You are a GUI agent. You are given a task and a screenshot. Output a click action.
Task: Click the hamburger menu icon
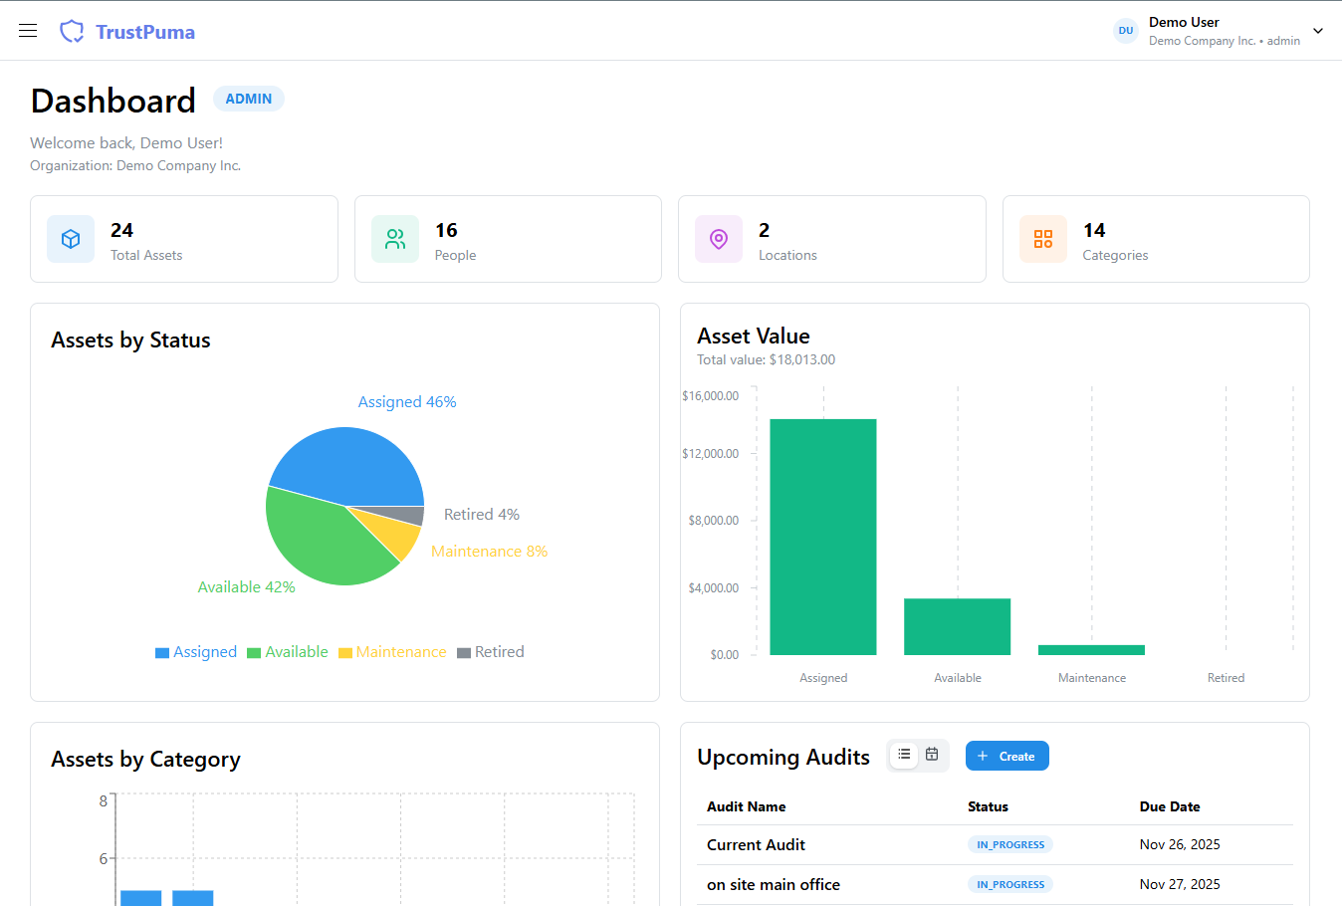point(28,31)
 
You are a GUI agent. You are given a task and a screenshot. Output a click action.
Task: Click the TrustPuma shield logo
point(72,32)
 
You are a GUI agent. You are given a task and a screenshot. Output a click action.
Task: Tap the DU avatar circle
point(1126,31)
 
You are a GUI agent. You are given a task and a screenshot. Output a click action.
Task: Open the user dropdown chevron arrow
point(1318,31)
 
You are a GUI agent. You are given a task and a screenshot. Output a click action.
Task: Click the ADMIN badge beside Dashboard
point(249,99)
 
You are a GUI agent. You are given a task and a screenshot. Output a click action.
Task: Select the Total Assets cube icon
point(71,239)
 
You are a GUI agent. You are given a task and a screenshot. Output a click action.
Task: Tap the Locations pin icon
point(719,239)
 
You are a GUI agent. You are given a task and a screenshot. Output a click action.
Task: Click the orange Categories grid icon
point(1043,239)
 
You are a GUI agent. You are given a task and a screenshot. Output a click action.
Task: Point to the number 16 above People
point(446,230)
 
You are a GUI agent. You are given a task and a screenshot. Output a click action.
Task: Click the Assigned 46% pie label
point(407,402)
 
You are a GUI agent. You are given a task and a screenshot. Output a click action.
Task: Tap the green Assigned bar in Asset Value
point(823,537)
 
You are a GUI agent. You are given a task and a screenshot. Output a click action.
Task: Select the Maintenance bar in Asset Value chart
point(1091,650)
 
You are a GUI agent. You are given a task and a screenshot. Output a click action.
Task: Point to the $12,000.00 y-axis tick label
point(711,454)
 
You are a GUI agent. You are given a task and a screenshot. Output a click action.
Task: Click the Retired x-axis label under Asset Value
point(1226,678)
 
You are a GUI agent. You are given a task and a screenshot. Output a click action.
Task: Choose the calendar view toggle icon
point(932,755)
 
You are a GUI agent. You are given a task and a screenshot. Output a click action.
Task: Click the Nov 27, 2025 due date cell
point(1180,884)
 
